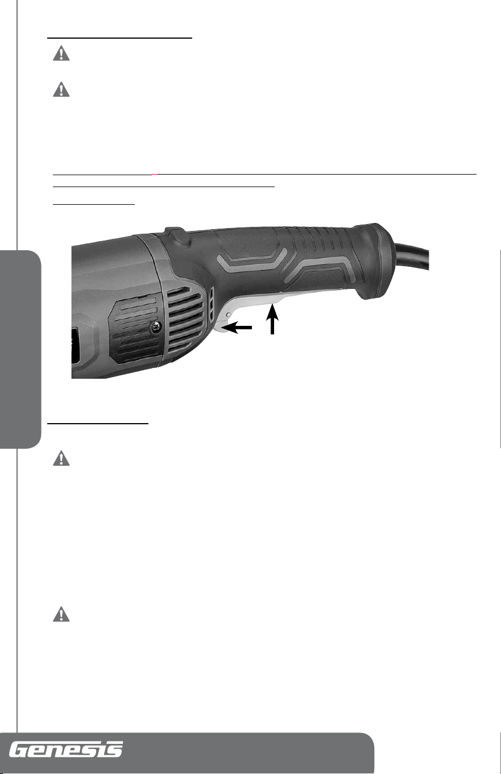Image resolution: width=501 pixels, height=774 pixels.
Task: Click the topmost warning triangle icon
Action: click(61, 53)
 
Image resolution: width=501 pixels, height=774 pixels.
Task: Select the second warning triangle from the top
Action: click(61, 89)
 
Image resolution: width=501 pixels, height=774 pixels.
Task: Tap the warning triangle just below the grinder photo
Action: click(61, 458)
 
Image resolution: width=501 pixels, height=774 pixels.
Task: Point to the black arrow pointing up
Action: click(272, 319)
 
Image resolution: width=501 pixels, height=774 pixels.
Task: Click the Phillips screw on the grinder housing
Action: click(157, 327)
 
